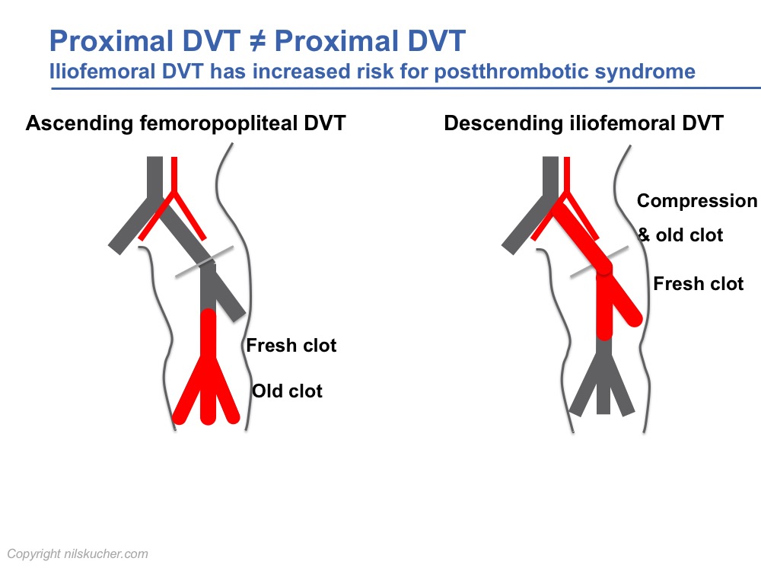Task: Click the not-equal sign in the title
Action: (x=258, y=41)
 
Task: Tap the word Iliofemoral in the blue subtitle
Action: (x=102, y=72)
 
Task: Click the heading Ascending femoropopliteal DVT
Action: (x=186, y=123)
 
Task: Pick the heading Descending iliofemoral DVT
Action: (x=584, y=123)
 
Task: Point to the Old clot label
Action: (x=288, y=391)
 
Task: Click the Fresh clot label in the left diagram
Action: (x=291, y=346)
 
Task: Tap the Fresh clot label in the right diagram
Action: (x=699, y=284)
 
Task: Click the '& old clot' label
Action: (x=680, y=235)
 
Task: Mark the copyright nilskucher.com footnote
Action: (x=78, y=554)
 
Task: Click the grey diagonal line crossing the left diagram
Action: (x=204, y=262)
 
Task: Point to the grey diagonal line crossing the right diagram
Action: (x=600, y=262)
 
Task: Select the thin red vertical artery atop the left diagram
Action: (x=174, y=175)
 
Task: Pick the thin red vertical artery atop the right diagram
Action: (x=567, y=175)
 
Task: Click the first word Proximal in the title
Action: (x=111, y=41)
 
